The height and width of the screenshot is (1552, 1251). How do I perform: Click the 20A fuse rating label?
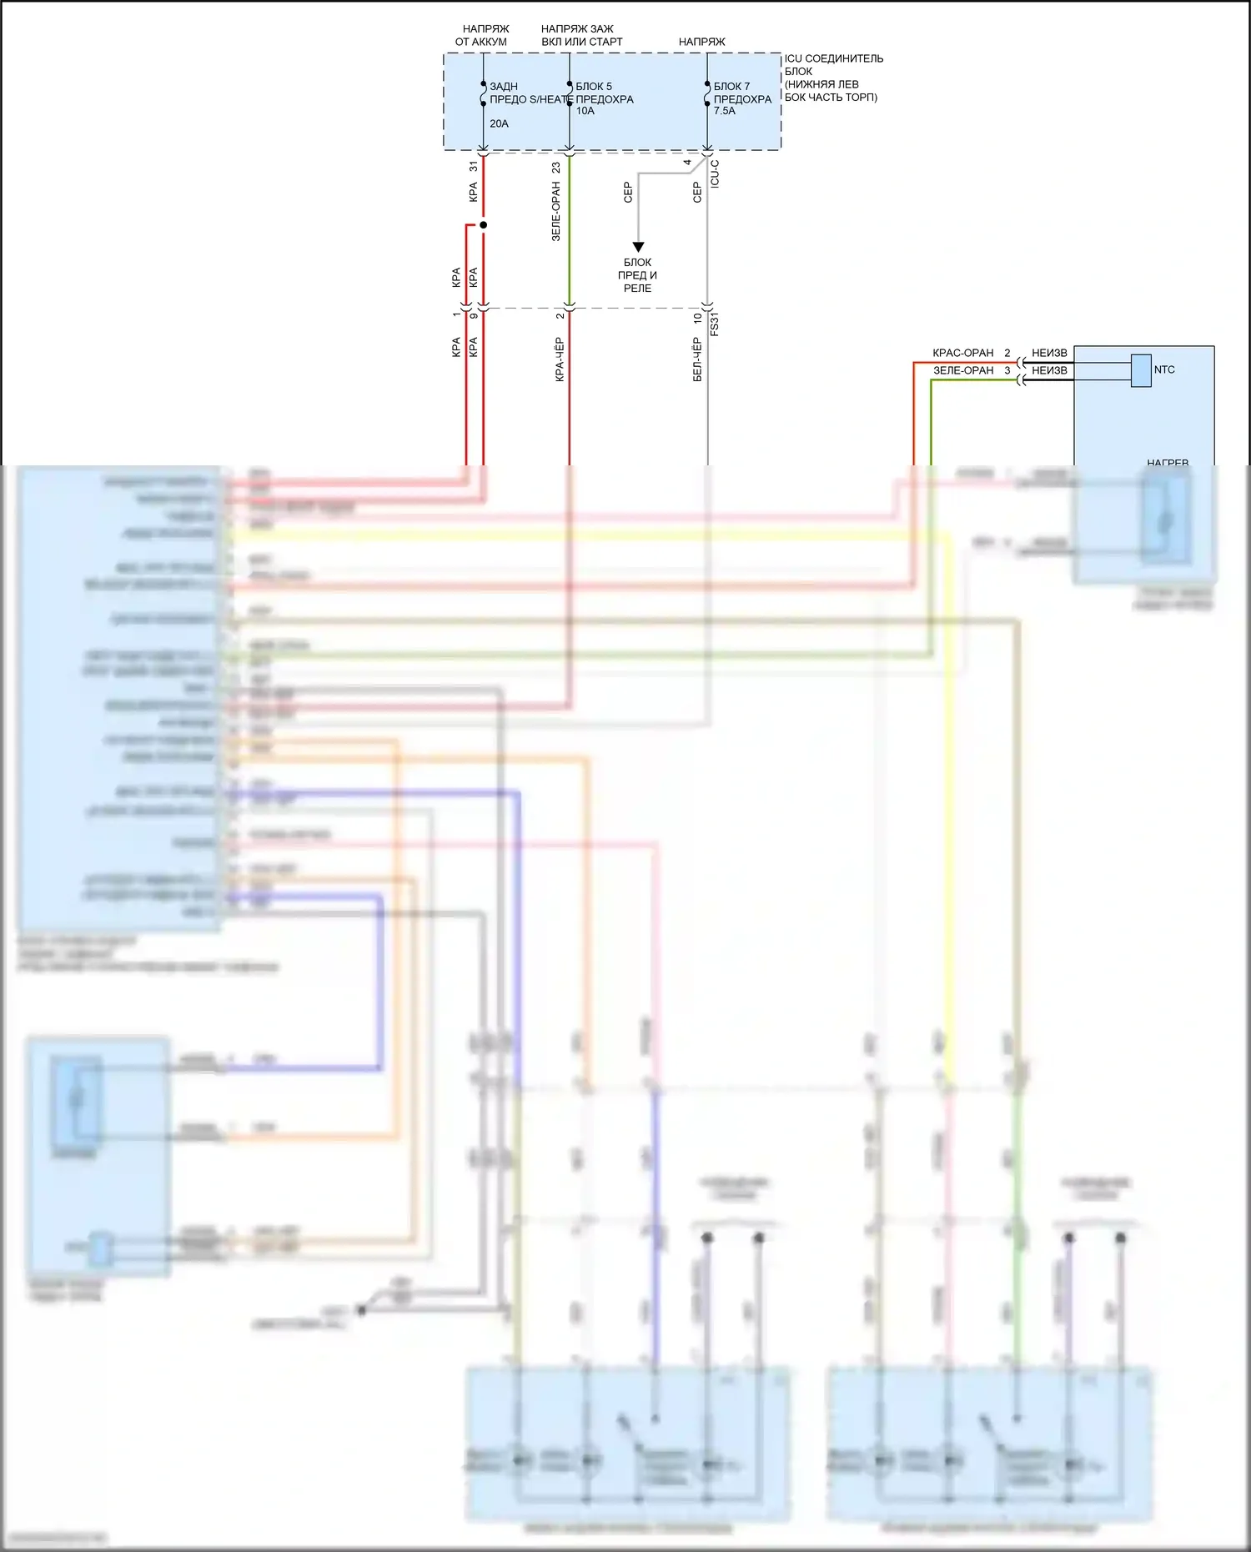click(x=499, y=123)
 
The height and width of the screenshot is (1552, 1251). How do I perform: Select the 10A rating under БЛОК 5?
click(x=585, y=111)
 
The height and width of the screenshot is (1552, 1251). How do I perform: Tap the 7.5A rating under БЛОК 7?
click(x=724, y=111)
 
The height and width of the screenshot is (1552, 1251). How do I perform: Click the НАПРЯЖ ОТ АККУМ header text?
click(x=482, y=35)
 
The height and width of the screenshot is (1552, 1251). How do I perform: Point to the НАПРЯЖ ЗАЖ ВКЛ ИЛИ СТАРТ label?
click(x=580, y=35)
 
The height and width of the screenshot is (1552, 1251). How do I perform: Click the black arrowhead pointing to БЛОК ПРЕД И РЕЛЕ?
click(x=638, y=247)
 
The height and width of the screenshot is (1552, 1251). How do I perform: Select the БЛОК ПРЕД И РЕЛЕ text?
click(x=637, y=275)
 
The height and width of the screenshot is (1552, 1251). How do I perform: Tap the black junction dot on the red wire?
click(x=483, y=225)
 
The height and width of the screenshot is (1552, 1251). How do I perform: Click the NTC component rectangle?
click(x=1140, y=370)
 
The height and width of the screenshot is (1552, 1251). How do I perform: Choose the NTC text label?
click(x=1164, y=369)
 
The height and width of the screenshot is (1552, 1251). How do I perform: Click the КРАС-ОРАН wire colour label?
click(x=962, y=353)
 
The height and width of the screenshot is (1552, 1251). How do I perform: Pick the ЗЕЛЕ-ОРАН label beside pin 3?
click(x=962, y=370)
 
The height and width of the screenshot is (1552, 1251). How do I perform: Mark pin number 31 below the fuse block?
click(x=474, y=166)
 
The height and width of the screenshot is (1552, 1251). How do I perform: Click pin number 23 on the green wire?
click(x=556, y=168)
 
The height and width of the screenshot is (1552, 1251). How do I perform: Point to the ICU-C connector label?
click(x=715, y=173)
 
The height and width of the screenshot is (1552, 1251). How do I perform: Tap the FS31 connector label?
click(x=715, y=324)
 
